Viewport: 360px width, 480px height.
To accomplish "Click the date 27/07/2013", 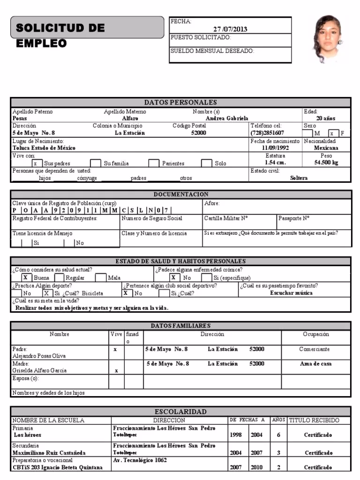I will (230, 29).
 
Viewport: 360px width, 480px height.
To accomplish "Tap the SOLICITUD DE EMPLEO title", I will (60, 35).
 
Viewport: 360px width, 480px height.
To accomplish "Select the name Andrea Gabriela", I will (227, 119).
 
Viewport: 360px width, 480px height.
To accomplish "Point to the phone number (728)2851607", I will (268, 133).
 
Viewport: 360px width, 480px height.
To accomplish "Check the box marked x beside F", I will (332, 134).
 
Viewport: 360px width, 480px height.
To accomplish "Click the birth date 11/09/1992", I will (275, 148).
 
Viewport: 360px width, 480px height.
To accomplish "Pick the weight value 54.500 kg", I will (326, 163).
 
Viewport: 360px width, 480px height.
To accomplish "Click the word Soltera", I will (299, 178).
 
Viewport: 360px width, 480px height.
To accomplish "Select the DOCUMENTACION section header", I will (181, 194).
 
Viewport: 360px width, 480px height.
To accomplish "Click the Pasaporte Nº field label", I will (293, 218).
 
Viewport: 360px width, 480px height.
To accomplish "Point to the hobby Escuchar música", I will (291, 293).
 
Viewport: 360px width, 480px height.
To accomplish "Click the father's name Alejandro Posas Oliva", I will (39, 356).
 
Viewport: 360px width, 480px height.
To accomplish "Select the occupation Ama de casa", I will (315, 364).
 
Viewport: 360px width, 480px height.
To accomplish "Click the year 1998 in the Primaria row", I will (236, 435).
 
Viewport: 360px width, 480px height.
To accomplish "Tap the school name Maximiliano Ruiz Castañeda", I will (49, 453).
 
